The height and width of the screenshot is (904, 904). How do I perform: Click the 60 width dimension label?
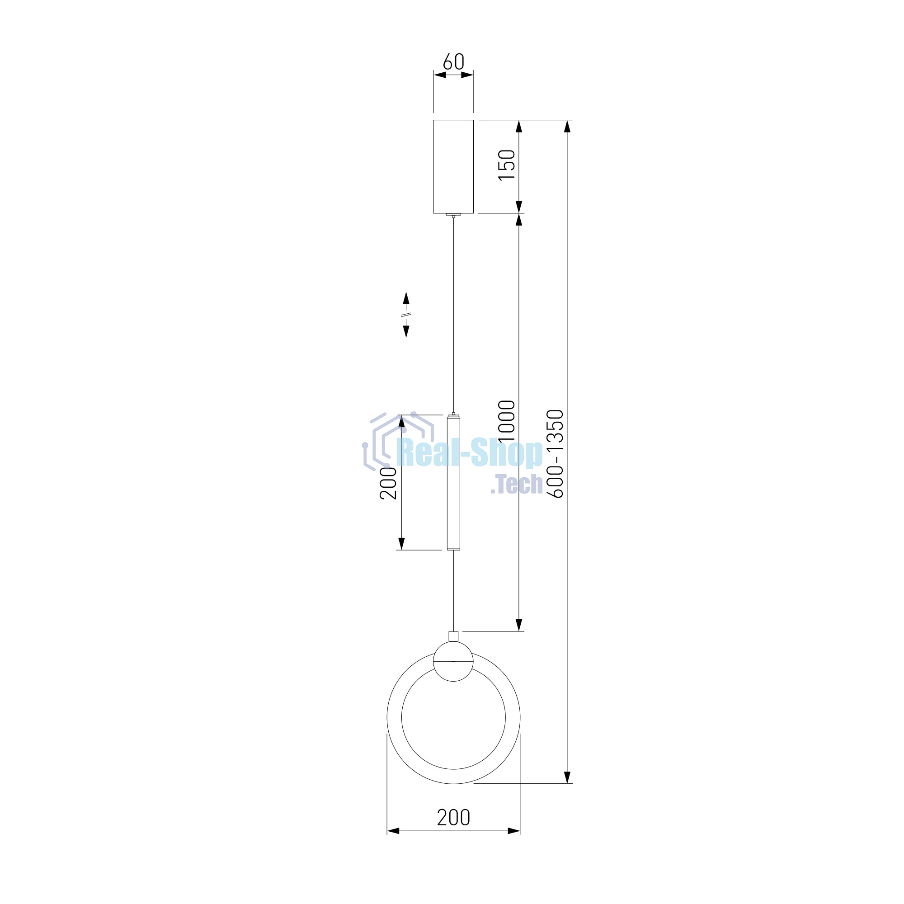coord(453,62)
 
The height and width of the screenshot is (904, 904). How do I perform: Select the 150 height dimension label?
coord(507,165)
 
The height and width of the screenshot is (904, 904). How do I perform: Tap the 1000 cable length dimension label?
coord(507,421)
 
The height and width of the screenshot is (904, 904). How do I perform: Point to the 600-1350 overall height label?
coord(556,454)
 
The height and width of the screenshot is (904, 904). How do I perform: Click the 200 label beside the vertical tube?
coord(388,483)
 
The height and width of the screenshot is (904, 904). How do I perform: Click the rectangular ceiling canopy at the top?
coord(453,167)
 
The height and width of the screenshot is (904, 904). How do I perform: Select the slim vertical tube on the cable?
coord(453,482)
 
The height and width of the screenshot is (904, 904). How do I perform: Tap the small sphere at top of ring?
coord(453,661)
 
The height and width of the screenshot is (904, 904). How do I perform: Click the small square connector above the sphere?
coord(453,636)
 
